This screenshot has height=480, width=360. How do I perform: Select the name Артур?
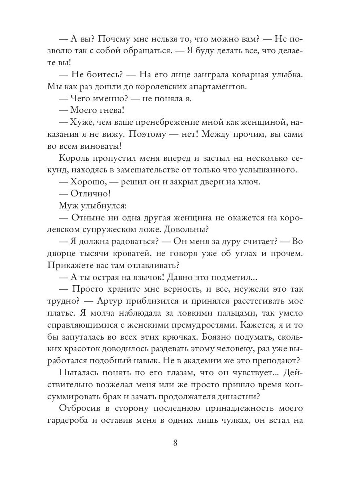pyautogui.click(x=177, y=301)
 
